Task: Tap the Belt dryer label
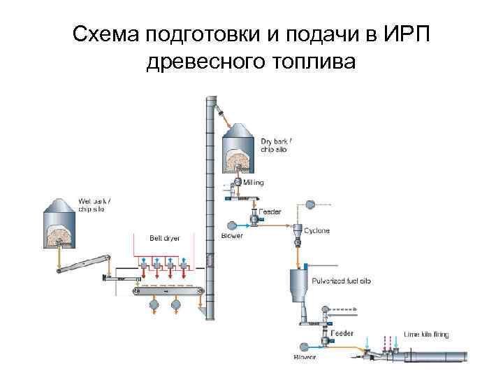coord(165,238)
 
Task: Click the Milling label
coord(254,181)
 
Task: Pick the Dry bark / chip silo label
coord(276,144)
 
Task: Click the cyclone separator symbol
coord(297,235)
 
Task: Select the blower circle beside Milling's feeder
coord(231,225)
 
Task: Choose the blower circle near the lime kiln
coord(304,346)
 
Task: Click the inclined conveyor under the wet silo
coord(84,263)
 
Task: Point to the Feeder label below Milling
coord(270,211)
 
